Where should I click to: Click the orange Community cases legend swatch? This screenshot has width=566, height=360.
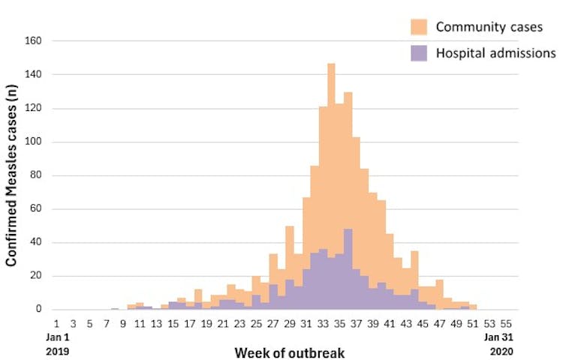(x=420, y=27)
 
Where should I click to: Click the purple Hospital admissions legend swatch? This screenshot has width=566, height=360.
(x=420, y=53)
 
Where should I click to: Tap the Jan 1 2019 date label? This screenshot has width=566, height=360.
(x=56, y=343)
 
